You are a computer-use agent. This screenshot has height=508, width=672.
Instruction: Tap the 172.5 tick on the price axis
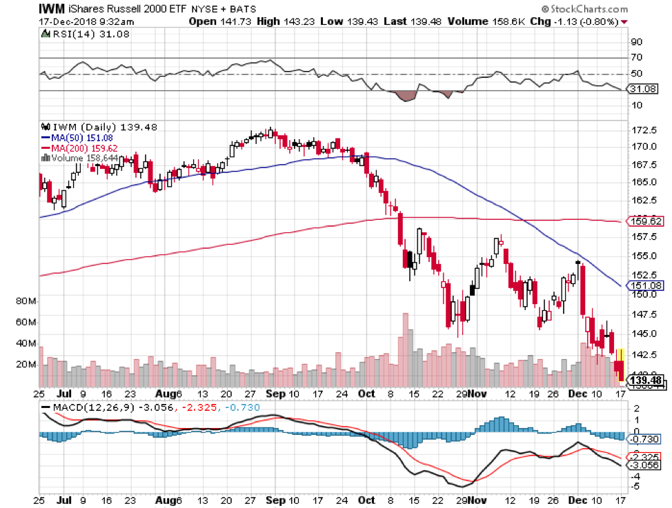pos(644,130)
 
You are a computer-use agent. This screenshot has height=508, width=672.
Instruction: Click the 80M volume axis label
pos(25,301)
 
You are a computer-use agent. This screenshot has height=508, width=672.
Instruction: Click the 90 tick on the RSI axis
pos(636,41)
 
